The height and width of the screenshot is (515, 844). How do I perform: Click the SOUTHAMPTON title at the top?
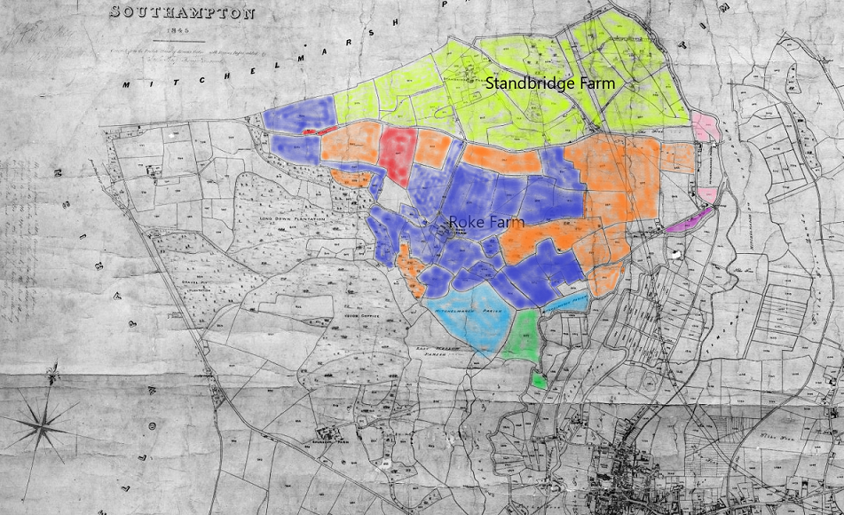pyautogui.click(x=181, y=13)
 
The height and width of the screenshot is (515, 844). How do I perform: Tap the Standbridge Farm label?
pyautogui.click(x=549, y=83)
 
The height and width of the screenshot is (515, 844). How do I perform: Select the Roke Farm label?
pyautogui.click(x=487, y=222)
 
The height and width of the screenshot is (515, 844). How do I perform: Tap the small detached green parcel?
pyautogui.click(x=539, y=379)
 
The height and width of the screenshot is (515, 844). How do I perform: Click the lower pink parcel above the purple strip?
pyautogui.click(x=708, y=194)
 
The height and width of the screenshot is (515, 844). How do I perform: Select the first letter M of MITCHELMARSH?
pyautogui.click(x=127, y=85)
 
